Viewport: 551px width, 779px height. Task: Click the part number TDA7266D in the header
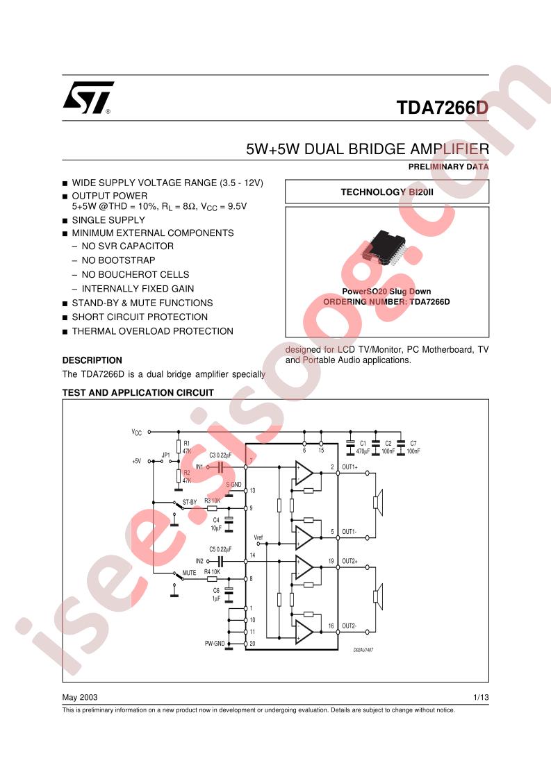[x=443, y=108]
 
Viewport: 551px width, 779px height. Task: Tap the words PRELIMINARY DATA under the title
[x=449, y=167]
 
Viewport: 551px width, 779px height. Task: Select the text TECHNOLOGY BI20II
[x=386, y=192]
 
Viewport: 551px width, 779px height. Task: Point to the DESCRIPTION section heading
[x=92, y=360]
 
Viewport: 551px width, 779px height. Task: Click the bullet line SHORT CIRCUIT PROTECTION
[x=140, y=317]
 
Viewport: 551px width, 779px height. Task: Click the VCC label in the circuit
[x=137, y=432]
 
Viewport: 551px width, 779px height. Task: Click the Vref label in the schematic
[x=258, y=537]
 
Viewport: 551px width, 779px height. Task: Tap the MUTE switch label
[x=189, y=572]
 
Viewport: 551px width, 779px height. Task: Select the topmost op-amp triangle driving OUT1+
[x=304, y=474]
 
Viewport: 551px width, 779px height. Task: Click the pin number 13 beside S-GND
[x=252, y=491]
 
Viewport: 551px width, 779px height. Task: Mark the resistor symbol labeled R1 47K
[x=178, y=446]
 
